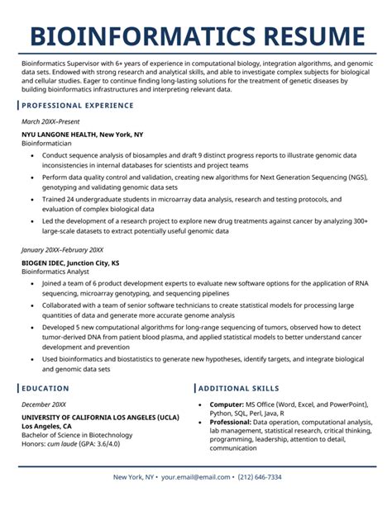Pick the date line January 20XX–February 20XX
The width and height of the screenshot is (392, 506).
click(x=62, y=249)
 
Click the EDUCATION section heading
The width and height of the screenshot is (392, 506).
click(x=45, y=388)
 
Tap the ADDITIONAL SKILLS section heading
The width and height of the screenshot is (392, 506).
click(x=238, y=388)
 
